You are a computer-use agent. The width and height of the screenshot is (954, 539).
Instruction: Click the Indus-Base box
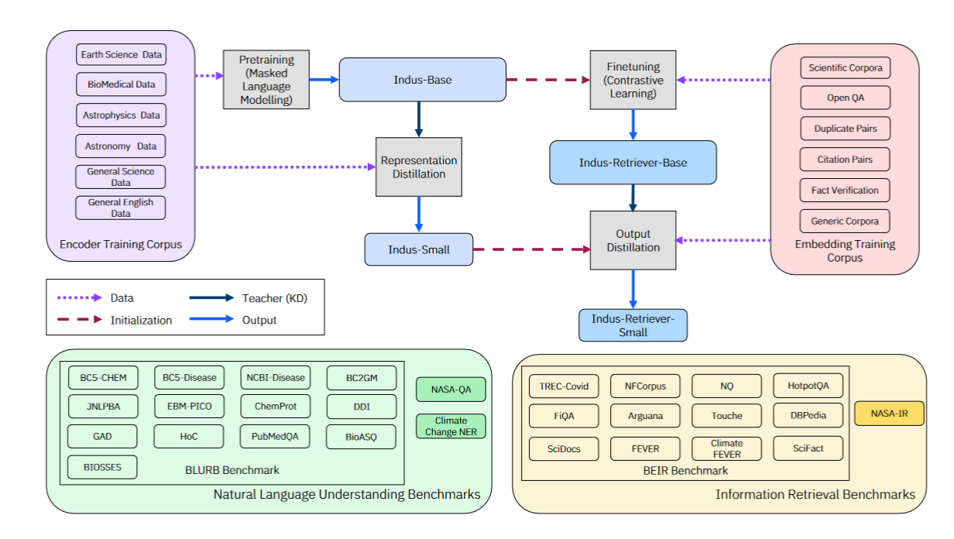422,80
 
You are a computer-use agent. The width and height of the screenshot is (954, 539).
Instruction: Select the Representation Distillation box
419,167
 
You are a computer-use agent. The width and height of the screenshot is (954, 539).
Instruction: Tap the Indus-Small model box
419,249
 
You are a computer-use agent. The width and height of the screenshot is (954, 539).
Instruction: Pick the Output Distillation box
633,240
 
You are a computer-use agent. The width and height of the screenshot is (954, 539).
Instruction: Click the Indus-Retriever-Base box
633,163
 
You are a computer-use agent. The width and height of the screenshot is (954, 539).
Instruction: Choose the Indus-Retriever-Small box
633,325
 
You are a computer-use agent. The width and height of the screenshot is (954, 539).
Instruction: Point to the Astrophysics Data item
121,115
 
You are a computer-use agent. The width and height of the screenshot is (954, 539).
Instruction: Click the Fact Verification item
845,191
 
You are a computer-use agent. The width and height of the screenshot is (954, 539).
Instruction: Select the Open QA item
845,98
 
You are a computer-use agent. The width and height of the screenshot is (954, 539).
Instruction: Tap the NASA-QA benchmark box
451,390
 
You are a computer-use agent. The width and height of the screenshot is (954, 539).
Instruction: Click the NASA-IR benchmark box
889,414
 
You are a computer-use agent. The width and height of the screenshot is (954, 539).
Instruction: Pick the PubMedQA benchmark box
275,437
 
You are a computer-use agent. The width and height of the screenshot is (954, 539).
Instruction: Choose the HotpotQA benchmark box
808,385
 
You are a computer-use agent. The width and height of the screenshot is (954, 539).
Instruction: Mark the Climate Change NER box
451,426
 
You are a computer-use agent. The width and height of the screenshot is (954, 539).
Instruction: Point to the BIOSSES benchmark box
102,467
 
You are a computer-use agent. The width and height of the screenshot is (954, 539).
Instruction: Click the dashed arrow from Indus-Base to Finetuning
547,80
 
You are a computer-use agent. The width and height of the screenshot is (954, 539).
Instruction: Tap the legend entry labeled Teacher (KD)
248,298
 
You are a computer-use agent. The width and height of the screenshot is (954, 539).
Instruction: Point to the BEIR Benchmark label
685,470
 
